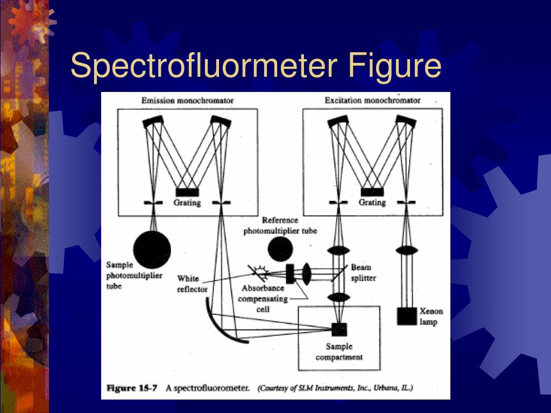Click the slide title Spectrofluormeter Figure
pos(256,66)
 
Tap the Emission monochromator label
pos(187,100)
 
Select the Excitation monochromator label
pos(372,100)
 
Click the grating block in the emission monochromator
pos(187,192)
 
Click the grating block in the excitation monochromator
pos(372,192)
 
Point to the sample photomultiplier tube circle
pos(152,248)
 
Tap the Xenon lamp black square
pos(407,316)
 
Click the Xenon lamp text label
pos(432,317)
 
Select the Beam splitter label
pos(364,272)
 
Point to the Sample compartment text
pos(339,352)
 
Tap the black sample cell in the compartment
pos(339,329)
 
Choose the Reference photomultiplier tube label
pos(280,225)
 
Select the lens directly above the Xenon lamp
pos(407,251)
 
